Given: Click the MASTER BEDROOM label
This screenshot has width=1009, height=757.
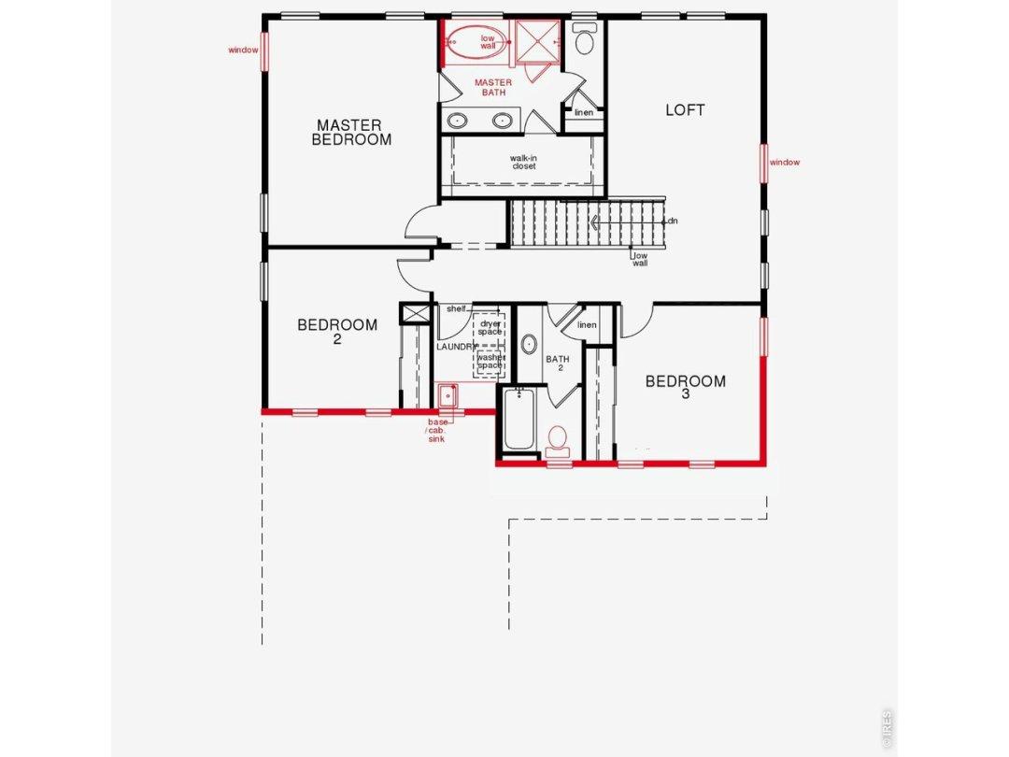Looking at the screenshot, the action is (x=351, y=132).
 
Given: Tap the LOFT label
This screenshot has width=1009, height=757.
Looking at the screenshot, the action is (x=685, y=110).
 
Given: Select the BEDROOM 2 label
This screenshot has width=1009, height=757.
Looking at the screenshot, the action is (x=337, y=331).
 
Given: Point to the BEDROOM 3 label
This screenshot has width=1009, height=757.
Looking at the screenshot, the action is (x=686, y=387).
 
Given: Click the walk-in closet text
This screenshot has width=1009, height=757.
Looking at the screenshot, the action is (x=524, y=162).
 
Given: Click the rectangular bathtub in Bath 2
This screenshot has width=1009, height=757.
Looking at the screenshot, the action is (x=519, y=419).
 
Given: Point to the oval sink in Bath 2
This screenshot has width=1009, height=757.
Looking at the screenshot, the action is (x=530, y=344).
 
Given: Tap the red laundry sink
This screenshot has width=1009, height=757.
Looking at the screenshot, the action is (x=448, y=395).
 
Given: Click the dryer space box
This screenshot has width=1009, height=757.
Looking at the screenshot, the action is (x=490, y=328).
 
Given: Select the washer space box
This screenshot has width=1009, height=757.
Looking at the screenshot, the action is (x=490, y=362).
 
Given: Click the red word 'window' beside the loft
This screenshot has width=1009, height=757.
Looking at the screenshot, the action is (x=785, y=163).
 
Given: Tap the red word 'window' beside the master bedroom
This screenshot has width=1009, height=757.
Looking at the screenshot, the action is (x=243, y=50).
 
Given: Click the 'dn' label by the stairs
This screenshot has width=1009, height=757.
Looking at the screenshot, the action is (x=673, y=221).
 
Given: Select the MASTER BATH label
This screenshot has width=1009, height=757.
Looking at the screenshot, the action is (x=493, y=88).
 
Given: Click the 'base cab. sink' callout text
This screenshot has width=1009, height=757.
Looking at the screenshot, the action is (x=437, y=431).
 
